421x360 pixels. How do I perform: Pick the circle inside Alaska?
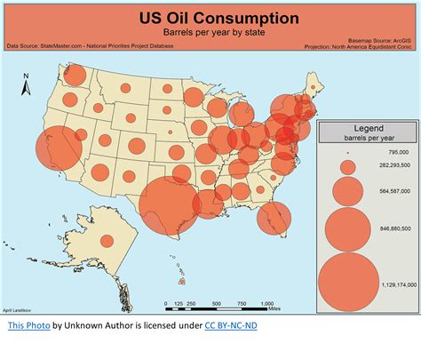pyautogui.click(x=107, y=240)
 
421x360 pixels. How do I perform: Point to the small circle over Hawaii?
pyautogui.click(x=181, y=283)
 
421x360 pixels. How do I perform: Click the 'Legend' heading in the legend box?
pyautogui.click(x=368, y=128)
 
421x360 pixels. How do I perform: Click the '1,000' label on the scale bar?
pyautogui.click(x=266, y=303)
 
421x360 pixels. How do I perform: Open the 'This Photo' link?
pyautogui.click(x=28, y=326)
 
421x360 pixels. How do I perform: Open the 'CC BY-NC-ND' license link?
pyautogui.click(x=231, y=326)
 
